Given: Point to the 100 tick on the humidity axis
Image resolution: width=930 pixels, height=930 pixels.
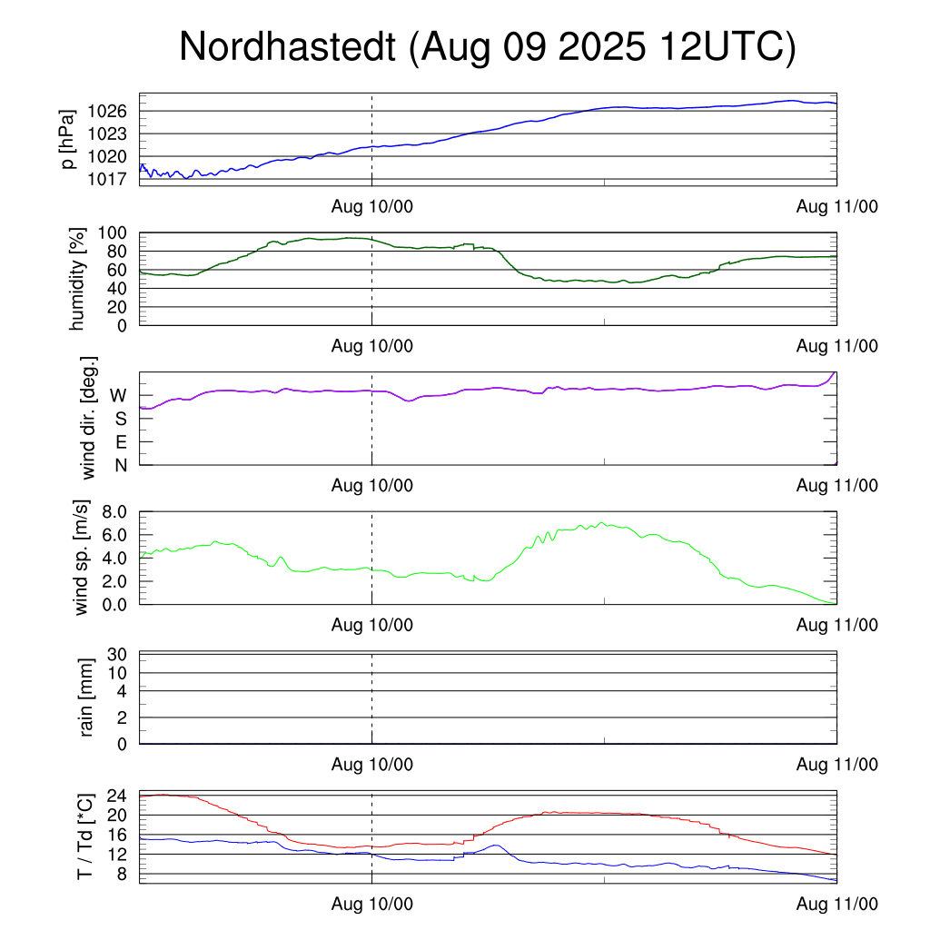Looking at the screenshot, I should tap(113, 233).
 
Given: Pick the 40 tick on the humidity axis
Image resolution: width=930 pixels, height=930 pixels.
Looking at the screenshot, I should tap(117, 289).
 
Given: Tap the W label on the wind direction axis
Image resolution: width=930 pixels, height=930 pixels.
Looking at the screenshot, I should tap(118, 396).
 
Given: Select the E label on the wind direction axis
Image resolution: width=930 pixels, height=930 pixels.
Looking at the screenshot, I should tap(120, 442).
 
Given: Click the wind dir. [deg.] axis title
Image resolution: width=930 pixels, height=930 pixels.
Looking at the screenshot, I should tap(88, 418).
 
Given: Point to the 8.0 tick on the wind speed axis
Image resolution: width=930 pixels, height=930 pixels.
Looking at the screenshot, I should tap(113, 512).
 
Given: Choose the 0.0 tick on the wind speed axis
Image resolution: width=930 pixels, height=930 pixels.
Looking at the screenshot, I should tap(113, 604).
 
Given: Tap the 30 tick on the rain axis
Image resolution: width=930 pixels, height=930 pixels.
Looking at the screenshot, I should tap(117, 655).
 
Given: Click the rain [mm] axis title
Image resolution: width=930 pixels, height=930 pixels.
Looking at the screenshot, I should tap(87, 697).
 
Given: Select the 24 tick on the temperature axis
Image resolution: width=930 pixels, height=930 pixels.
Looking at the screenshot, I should tap(117, 796).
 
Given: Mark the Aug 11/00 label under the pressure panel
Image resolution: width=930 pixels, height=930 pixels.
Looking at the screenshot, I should tap(836, 206).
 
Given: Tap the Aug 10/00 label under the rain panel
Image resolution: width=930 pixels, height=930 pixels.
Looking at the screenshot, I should tap(371, 765).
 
